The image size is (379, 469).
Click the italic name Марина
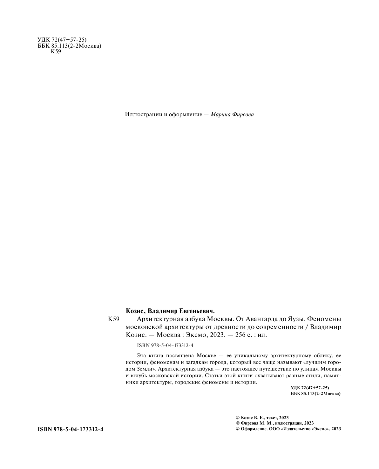[221, 114]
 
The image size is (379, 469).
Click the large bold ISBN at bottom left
[71, 429]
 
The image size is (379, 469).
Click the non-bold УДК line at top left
[62, 40]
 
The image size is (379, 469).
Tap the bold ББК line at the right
[315, 394]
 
